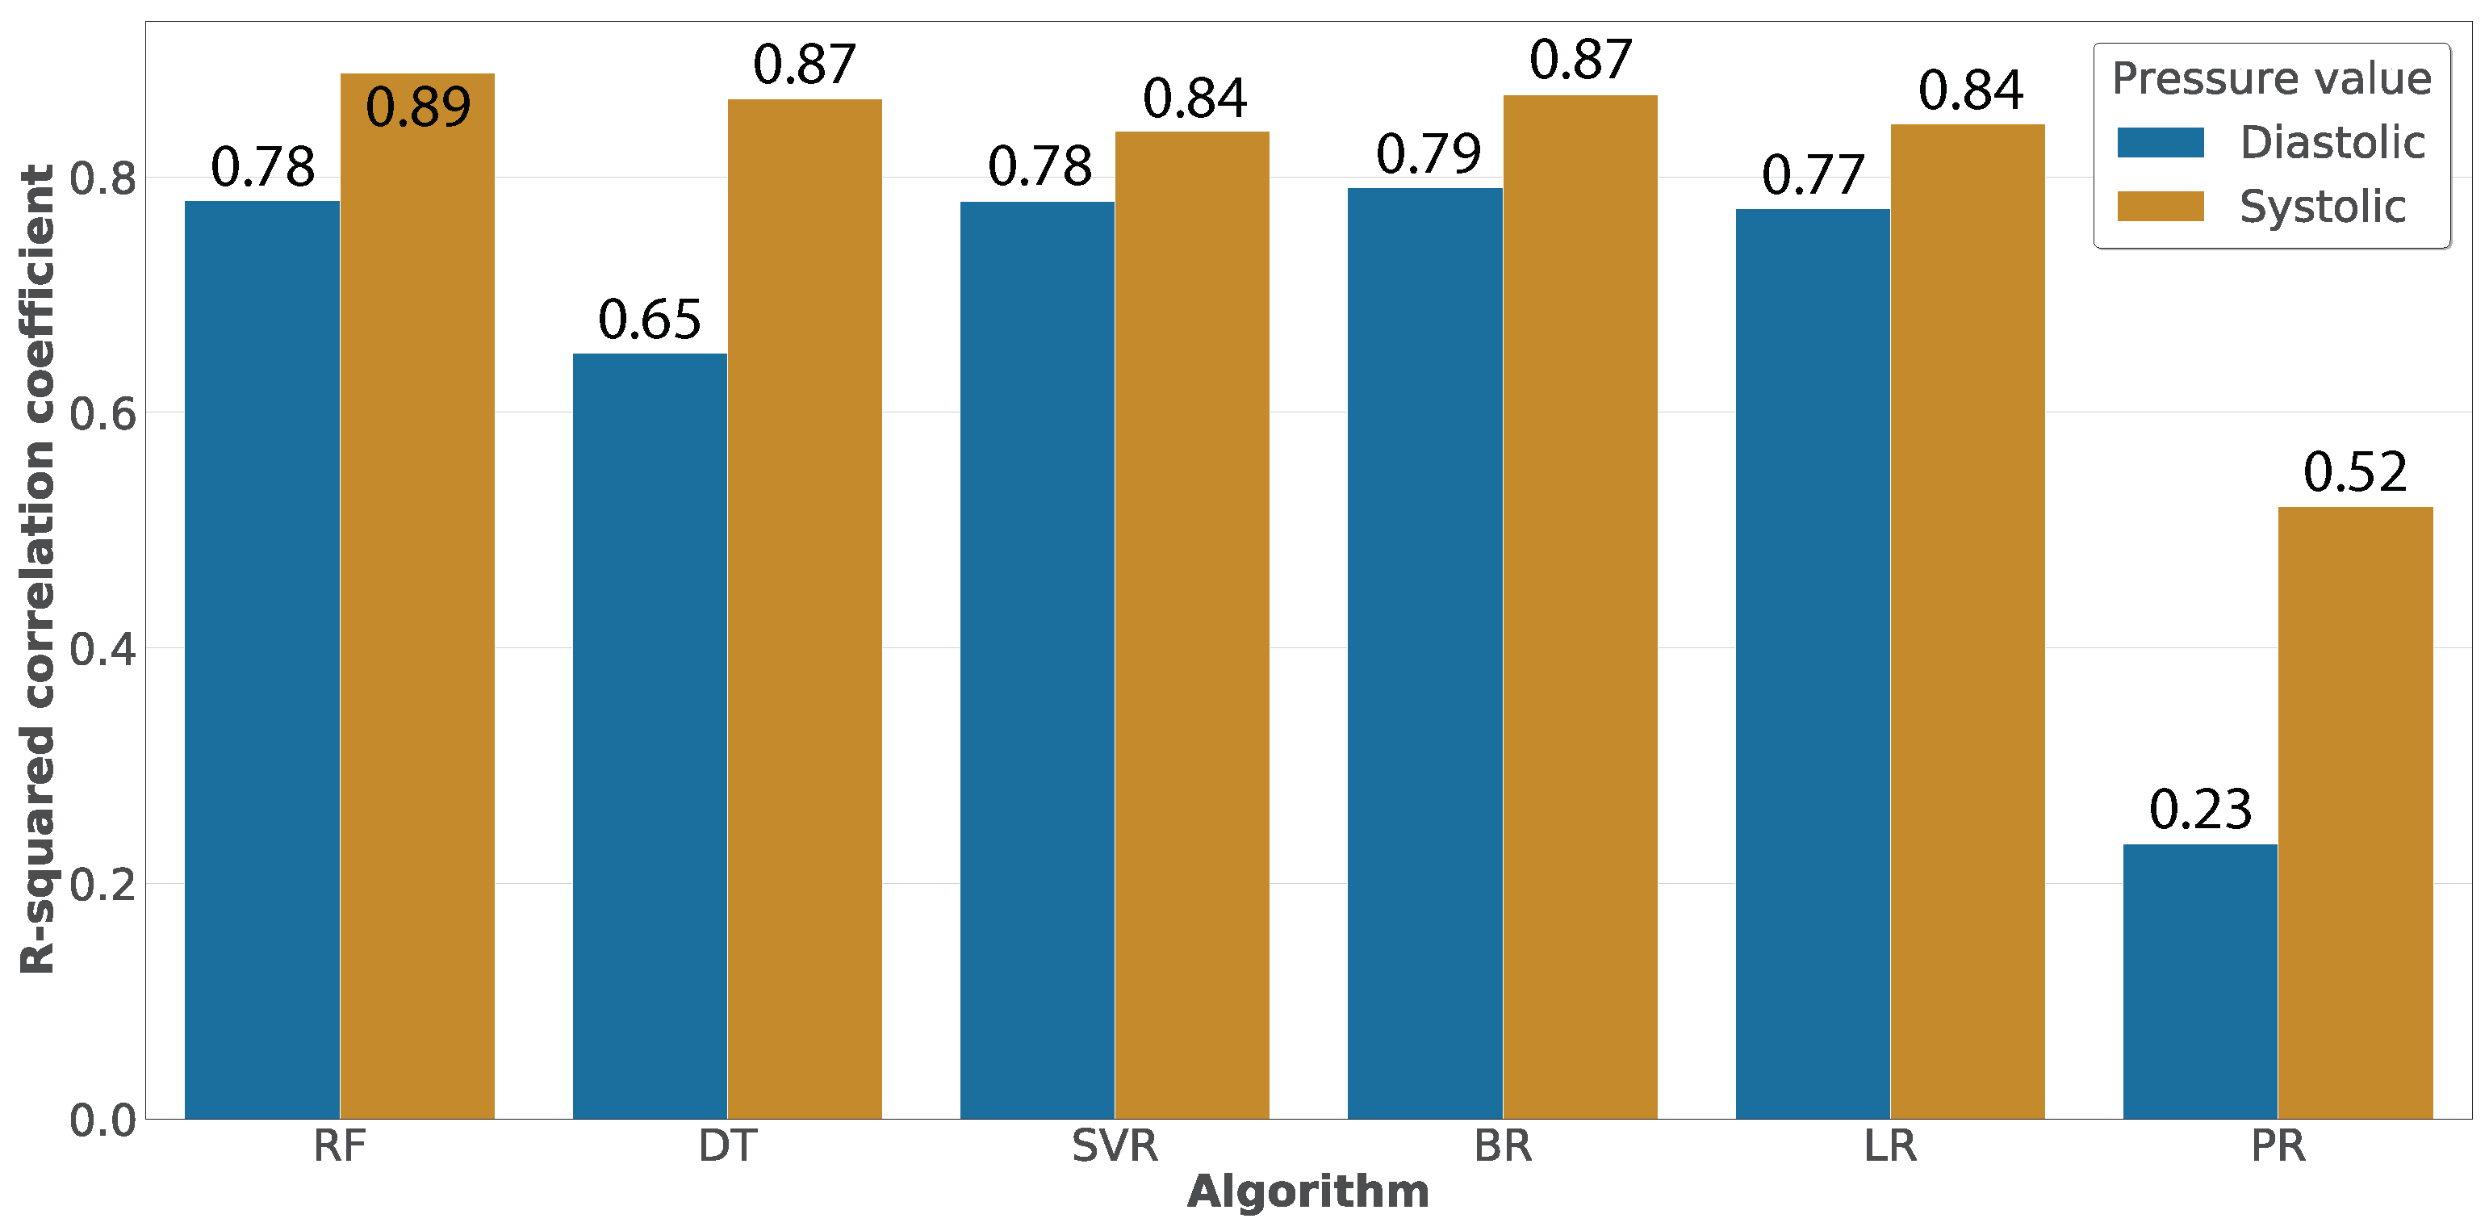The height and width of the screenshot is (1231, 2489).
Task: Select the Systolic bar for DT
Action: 804,609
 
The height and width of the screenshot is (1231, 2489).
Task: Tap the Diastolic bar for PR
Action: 2200,981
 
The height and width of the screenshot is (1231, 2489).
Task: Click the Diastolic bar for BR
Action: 1425,653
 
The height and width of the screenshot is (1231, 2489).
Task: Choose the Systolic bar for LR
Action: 1968,622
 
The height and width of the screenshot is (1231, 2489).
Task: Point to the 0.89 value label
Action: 417,107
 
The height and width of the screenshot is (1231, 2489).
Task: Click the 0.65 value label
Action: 650,319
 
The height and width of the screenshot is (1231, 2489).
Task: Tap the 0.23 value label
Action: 2200,809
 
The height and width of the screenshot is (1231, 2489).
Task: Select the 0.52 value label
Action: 2355,471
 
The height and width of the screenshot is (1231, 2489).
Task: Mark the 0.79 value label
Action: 1428,153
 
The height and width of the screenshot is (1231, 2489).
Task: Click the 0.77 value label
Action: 1813,175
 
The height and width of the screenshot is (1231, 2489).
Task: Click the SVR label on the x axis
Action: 1114,1146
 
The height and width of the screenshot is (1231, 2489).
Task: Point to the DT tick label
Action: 726,1146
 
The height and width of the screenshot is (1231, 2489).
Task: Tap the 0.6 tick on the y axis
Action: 102,413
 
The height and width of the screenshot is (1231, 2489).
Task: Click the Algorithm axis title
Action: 1307,1191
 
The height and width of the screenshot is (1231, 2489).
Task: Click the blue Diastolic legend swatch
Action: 2161,142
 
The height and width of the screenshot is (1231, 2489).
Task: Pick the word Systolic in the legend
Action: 2322,206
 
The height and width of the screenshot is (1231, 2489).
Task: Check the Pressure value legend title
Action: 2270,78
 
